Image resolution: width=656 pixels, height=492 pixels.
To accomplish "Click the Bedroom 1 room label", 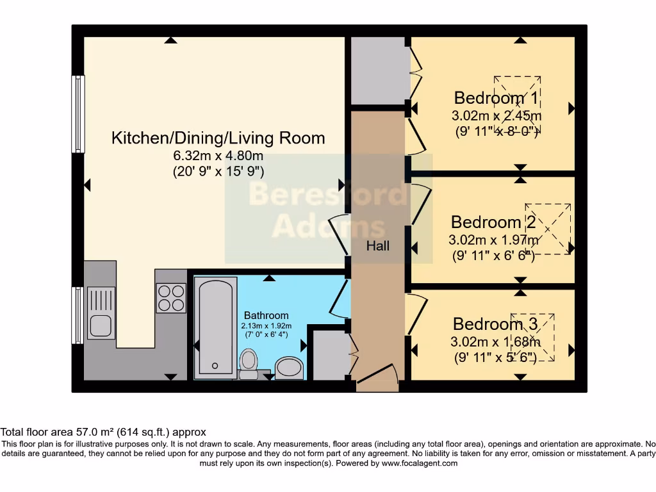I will coord(496,98).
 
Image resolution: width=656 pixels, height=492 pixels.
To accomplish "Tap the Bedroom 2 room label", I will coord(494,222).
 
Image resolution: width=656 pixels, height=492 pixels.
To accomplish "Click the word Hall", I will coord(377,245).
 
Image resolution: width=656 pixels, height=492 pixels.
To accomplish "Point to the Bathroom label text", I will coord(266,315).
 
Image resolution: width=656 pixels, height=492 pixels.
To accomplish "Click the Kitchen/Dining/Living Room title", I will coord(218,138).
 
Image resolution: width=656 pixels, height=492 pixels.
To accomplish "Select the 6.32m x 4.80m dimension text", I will coord(218,156).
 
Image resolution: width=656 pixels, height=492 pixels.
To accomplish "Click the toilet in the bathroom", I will coord(248,362).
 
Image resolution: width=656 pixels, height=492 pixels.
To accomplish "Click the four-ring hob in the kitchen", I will coord(171,298).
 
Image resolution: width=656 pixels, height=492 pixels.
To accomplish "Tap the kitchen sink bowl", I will coord(101,325).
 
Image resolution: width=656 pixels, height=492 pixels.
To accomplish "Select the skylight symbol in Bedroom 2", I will coord(548,229).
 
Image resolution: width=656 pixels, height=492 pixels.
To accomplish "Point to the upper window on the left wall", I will coord(78,114).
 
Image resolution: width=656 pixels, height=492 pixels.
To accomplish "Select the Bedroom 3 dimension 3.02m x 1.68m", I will coord(495,342).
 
